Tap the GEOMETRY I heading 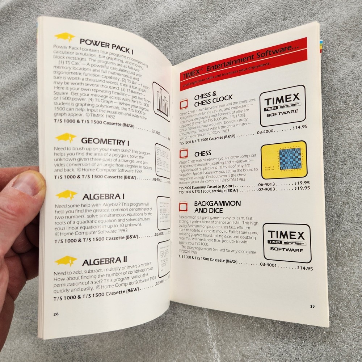pyautogui.click(x=105, y=140)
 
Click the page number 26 pyautogui.click(x=55, y=314)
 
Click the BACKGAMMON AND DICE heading pyautogui.click(x=217, y=207)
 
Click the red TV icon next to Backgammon pyautogui.click(x=184, y=207)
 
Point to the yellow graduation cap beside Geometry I pyautogui.click(x=66, y=138)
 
